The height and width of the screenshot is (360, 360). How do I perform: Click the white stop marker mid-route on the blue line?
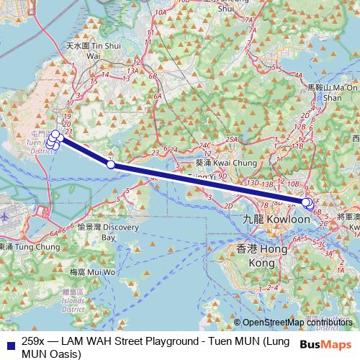pyautogui.click(x=110, y=165)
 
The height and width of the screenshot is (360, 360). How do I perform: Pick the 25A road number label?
pyautogui.click(x=231, y=139)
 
